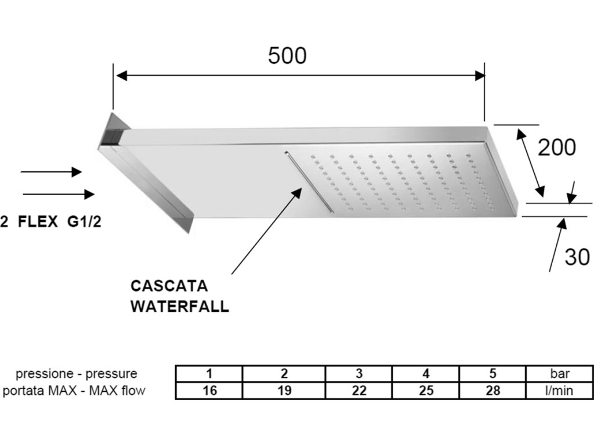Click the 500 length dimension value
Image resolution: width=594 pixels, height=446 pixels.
tap(287, 56)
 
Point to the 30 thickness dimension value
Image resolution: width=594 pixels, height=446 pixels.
tap(577, 257)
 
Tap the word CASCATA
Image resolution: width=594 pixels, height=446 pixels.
tap(169, 286)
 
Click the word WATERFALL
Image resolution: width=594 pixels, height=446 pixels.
tap(179, 306)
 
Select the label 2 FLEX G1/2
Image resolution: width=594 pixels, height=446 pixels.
tap(51, 222)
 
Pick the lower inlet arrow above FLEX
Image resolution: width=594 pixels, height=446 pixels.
tap(58, 194)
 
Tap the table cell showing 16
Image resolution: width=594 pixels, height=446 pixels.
tap(210, 391)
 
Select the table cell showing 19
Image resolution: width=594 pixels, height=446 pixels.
tap(284, 391)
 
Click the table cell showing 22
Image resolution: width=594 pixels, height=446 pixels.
tap(359, 391)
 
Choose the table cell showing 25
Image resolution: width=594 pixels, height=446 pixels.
tap(426, 391)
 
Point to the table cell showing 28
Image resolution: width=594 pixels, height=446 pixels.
tap(493, 391)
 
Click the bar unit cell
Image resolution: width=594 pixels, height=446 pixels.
tap(560, 373)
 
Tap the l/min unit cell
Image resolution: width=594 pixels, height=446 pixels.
tap(560, 391)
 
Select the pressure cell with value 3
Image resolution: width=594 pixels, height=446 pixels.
tap(359, 373)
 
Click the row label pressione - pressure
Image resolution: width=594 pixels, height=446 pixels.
tap(76, 373)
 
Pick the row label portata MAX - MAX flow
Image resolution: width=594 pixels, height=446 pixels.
tap(74, 391)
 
